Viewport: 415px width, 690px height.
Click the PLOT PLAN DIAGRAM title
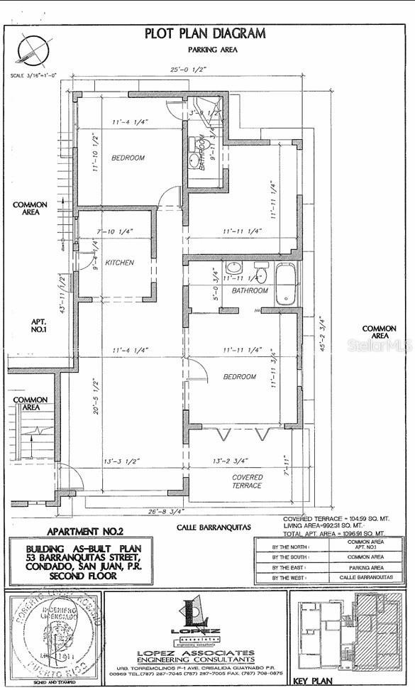pos(205,33)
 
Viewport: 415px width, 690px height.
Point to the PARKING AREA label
pos(212,50)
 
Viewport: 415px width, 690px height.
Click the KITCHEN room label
pos(119,263)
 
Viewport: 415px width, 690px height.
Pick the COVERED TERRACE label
pos(248,481)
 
